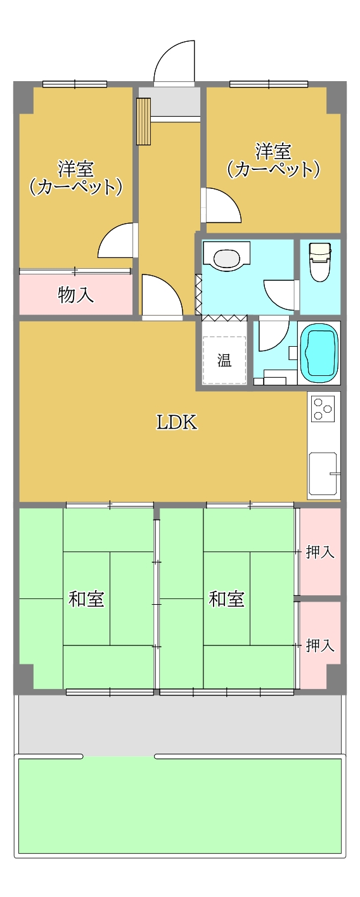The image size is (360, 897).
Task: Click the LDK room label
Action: pos(177,422)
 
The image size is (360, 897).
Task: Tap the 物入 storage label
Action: pos(75,295)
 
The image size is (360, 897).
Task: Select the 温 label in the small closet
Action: pos(224,360)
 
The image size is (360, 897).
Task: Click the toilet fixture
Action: pos(319,262)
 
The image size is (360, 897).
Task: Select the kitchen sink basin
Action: pos(323,474)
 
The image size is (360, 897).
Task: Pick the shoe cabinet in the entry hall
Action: pos(143,121)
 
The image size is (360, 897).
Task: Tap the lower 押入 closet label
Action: pos(320,645)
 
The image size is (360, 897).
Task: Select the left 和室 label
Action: pos(86,599)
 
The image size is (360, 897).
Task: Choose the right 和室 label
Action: pos(226,599)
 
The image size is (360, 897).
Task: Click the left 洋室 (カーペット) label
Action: pos(75,177)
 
